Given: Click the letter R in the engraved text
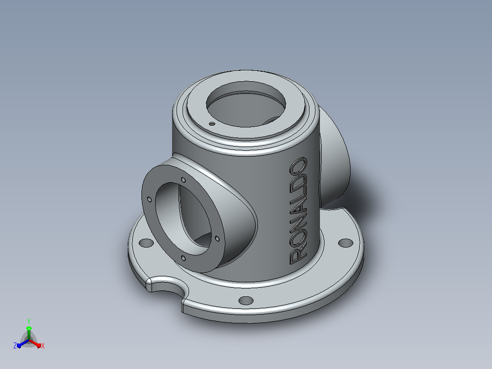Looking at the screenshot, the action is [298, 256].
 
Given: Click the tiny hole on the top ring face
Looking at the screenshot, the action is [212, 124].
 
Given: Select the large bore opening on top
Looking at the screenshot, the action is [246, 104].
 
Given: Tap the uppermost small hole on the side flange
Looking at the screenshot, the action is [183, 180].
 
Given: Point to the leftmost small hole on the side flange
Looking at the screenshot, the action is [149, 200].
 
